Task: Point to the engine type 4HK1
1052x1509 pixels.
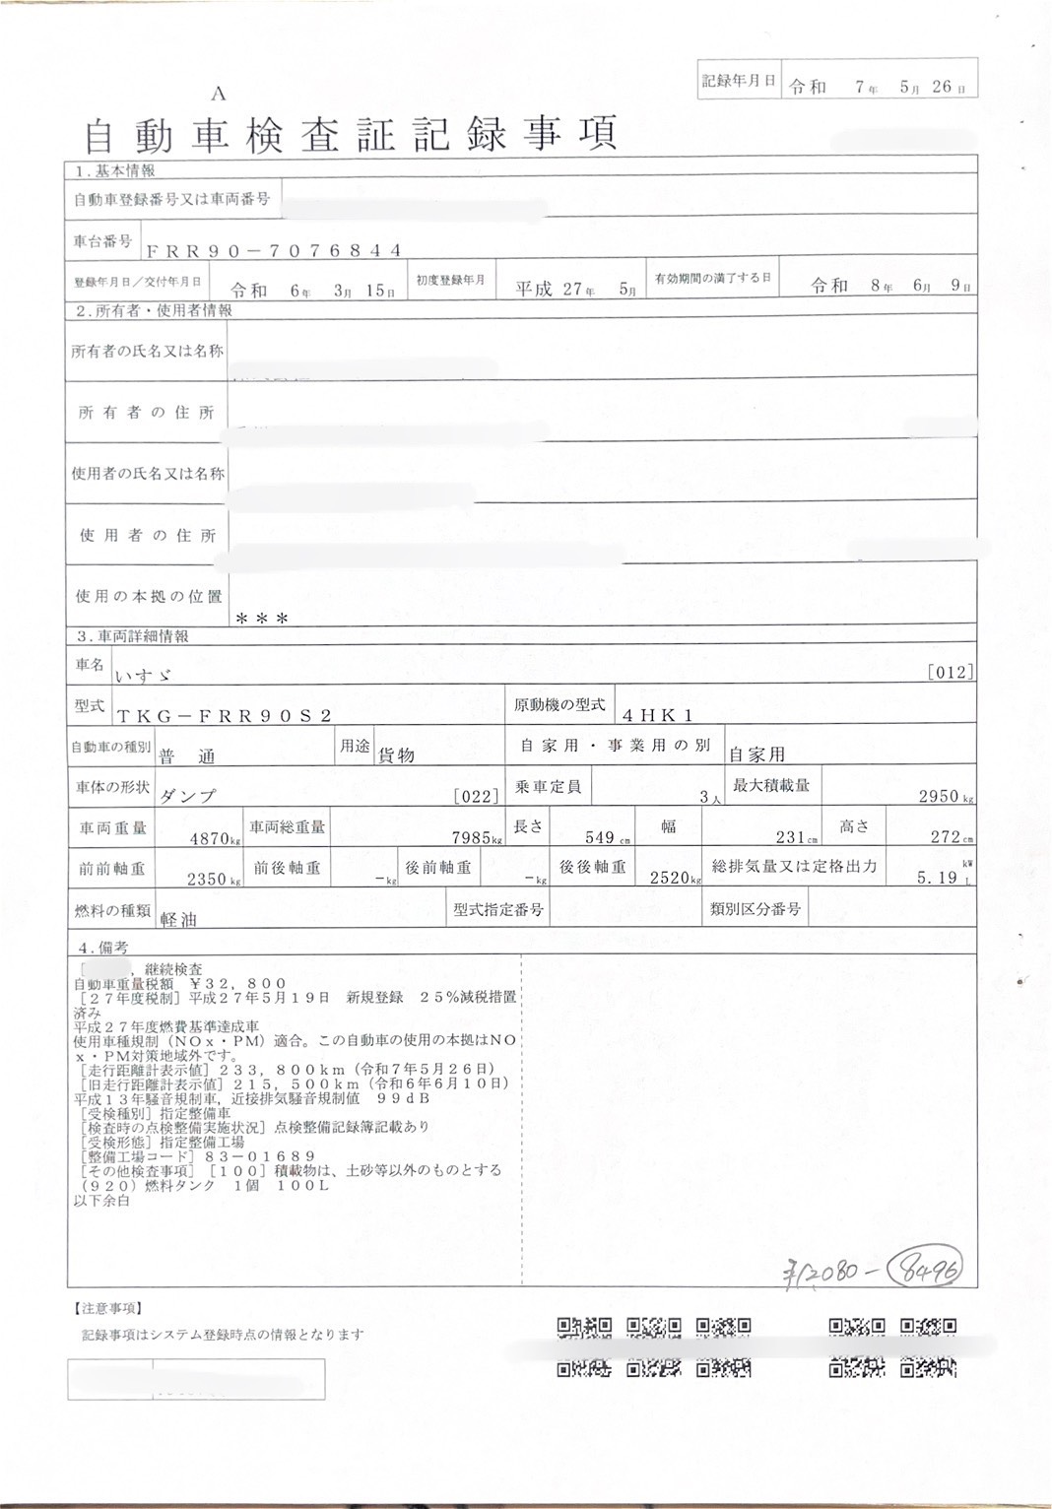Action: [658, 716]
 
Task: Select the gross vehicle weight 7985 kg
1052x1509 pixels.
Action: [471, 838]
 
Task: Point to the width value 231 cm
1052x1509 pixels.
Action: [791, 838]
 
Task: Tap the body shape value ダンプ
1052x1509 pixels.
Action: [188, 796]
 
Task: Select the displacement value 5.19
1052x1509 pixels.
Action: [937, 878]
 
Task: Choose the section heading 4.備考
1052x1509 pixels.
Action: [103, 948]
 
